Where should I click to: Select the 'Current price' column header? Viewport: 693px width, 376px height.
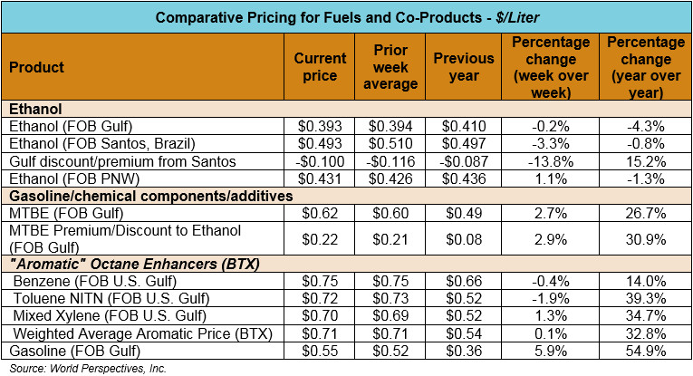[321, 67]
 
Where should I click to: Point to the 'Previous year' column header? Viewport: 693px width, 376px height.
[462, 67]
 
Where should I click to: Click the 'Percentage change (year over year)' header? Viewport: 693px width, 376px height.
[646, 67]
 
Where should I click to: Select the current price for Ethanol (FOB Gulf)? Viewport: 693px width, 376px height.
[321, 126]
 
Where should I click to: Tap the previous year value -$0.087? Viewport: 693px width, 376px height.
[462, 160]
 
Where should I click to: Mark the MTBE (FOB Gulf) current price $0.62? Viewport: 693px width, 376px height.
[321, 212]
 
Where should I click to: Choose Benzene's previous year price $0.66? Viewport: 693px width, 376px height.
[462, 283]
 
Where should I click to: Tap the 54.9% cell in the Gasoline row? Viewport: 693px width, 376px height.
[646, 352]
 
